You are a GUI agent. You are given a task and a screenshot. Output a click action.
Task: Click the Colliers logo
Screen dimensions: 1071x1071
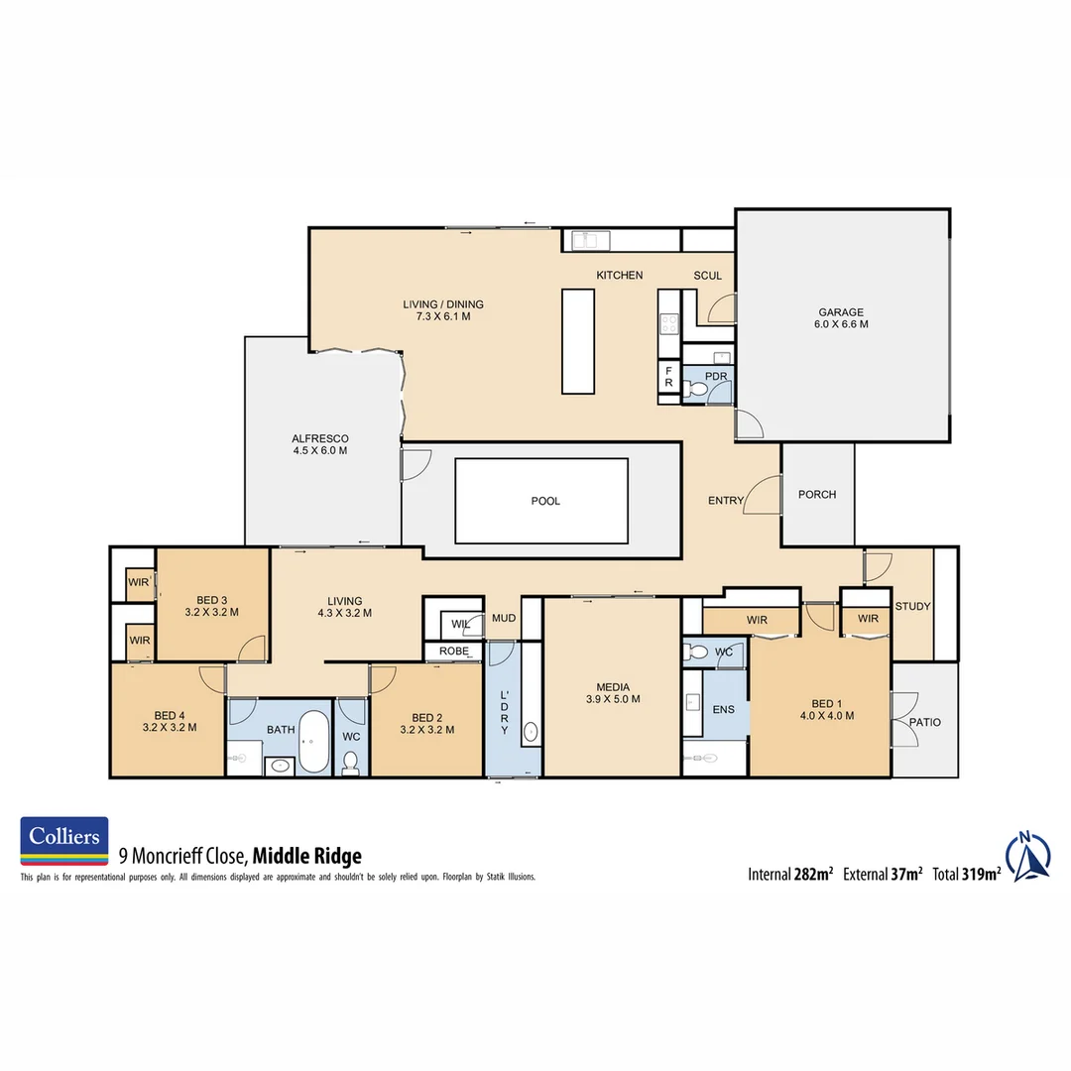click(x=64, y=842)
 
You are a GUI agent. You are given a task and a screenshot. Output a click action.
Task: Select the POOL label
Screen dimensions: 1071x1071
click(x=545, y=501)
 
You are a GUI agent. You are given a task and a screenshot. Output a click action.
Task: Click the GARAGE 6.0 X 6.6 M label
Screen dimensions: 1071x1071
click(x=840, y=318)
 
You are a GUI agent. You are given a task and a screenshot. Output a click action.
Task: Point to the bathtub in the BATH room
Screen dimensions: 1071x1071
click(x=314, y=742)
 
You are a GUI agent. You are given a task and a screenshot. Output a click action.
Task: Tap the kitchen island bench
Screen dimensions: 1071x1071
click(x=578, y=340)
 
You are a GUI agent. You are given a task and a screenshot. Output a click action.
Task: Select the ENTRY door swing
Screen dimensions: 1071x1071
click(x=764, y=494)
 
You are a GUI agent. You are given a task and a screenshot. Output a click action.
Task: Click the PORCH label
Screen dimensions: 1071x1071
click(x=817, y=495)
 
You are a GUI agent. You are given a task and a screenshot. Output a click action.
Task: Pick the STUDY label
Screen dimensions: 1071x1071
click(x=912, y=606)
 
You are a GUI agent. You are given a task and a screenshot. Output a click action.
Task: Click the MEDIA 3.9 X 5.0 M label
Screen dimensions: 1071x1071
click(x=612, y=692)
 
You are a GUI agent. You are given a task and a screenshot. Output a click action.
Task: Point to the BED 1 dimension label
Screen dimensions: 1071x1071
click(x=826, y=715)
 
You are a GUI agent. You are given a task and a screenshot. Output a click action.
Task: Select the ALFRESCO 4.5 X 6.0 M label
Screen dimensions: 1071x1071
click(x=319, y=444)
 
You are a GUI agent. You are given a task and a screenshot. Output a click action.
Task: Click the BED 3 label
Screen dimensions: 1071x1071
click(x=212, y=606)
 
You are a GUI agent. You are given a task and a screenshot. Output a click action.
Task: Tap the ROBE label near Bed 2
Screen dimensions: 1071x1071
click(x=454, y=652)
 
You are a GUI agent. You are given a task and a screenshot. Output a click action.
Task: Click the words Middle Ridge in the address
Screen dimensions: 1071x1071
click(x=307, y=856)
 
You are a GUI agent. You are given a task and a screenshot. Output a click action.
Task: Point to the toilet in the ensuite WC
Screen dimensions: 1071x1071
click(x=698, y=654)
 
